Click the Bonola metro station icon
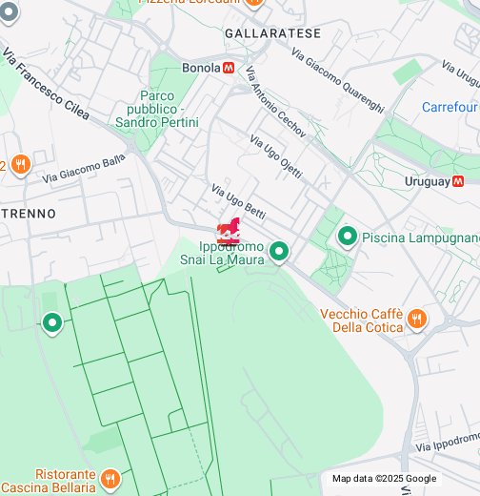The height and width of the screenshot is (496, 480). [x=228, y=68]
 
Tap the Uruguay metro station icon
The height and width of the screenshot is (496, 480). [x=458, y=180]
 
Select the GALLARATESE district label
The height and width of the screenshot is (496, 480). [x=260, y=32]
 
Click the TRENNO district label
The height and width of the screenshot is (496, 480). [x=28, y=213]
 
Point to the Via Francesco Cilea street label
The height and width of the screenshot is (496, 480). [x=46, y=86]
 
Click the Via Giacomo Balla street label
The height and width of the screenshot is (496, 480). [x=84, y=168]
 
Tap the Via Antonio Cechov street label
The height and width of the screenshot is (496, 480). [x=275, y=103]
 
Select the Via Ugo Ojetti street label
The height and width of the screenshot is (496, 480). [x=275, y=156]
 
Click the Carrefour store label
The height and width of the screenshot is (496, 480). [x=450, y=107]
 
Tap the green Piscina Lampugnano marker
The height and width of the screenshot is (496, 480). [x=348, y=236]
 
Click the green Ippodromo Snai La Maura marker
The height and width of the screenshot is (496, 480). [x=278, y=252]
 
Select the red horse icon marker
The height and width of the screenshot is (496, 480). [x=229, y=233]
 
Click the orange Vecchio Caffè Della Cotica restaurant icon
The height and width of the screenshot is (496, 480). [x=416, y=319]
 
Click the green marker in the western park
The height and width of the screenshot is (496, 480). [x=51, y=324]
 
